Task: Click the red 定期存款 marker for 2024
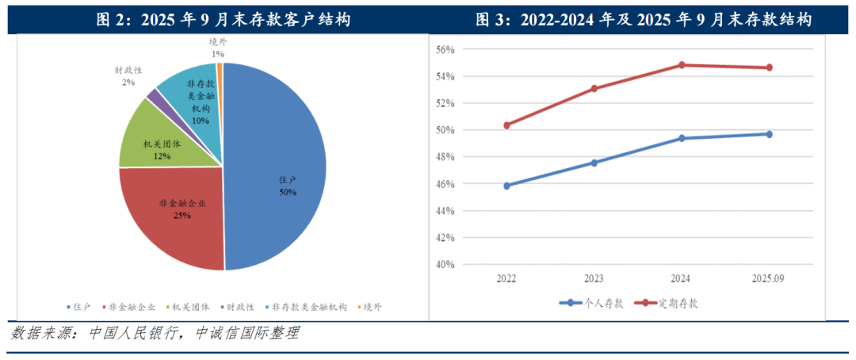pos(682,65)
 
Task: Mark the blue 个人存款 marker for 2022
pos(507,186)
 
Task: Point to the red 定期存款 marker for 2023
pos(594,88)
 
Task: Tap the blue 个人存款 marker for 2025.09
pos(769,134)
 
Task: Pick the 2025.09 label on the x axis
pos(768,278)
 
